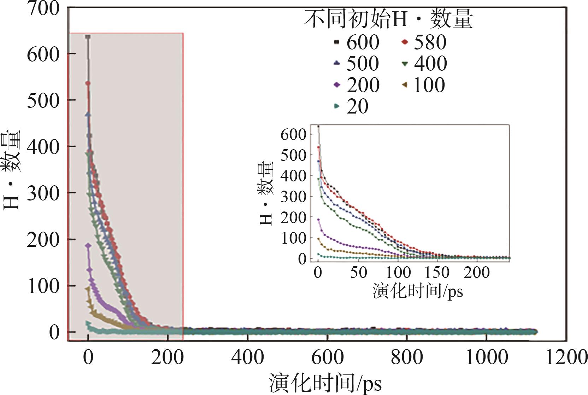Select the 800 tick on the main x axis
click(407, 358)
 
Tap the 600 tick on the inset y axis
click(293, 134)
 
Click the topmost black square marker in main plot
click(88, 37)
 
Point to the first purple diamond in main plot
click(88, 245)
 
